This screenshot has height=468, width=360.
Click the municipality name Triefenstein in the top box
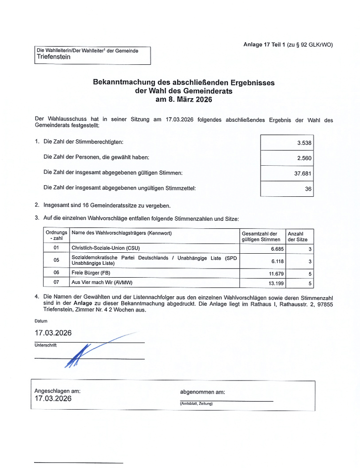54,57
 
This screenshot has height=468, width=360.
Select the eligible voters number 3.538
304,143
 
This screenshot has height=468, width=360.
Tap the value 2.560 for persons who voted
304,158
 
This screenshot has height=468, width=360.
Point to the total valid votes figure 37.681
302,174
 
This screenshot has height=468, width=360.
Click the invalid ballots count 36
308,189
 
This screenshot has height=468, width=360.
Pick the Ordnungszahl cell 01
56,249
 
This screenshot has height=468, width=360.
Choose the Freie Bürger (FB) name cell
91,273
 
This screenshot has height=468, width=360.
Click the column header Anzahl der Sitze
298,237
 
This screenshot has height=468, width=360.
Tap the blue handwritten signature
79,354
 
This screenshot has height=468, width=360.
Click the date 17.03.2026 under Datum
53,333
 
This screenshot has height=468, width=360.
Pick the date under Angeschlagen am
53,399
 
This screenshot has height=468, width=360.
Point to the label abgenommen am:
202,392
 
